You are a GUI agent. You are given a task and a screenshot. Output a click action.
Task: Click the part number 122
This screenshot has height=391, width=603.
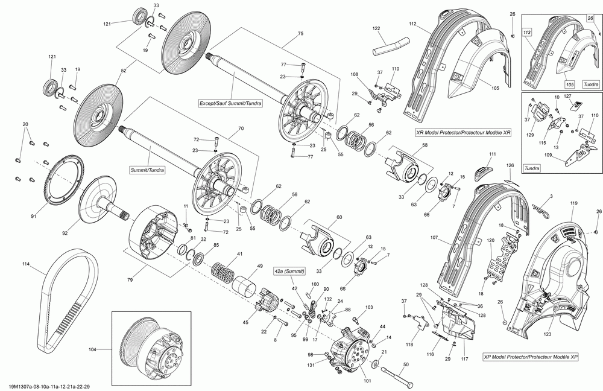click(376, 29)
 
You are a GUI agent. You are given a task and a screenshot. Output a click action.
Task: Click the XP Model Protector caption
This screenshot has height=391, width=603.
click(530, 357)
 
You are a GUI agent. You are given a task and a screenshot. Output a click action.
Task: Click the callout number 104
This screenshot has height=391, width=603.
click(92, 349)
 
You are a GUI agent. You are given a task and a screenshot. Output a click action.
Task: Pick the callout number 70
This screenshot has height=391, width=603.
click(241, 129)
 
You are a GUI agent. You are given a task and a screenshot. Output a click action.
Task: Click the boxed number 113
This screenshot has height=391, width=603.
click(526, 31)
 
